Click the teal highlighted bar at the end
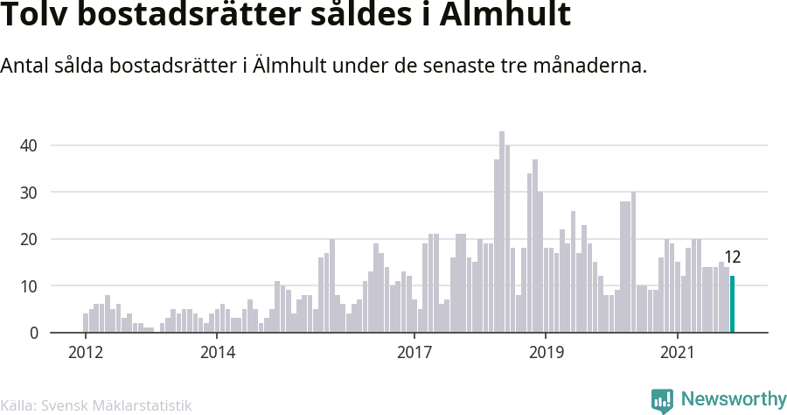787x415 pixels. (x=733, y=304)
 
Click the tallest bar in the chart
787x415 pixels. (x=502, y=232)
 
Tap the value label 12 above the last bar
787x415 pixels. (x=733, y=257)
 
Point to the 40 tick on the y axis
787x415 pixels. (x=30, y=145)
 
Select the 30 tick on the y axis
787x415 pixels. (x=30, y=192)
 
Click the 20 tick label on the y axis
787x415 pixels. (x=30, y=239)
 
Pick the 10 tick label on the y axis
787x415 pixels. (x=30, y=286)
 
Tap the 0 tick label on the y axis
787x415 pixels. (x=34, y=333)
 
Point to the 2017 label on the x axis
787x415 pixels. (x=414, y=353)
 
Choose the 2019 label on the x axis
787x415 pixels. (x=546, y=353)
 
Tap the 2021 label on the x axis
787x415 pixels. (x=678, y=353)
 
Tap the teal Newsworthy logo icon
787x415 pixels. (x=662, y=400)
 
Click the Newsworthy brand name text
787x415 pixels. (x=733, y=399)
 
